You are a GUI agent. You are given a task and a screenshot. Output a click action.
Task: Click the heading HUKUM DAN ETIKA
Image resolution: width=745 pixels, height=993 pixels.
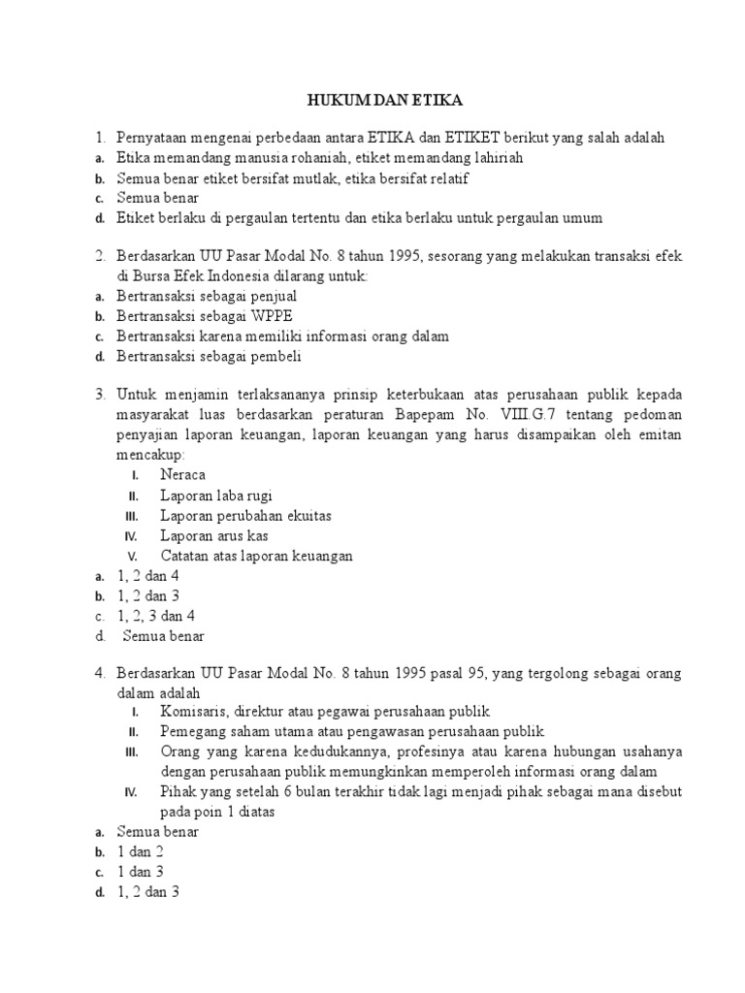tap(372, 100)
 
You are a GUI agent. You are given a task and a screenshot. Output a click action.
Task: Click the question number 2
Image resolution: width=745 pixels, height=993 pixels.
tap(100, 256)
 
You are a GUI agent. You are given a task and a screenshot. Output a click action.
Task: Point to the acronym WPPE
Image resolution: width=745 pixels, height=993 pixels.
tap(273, 316)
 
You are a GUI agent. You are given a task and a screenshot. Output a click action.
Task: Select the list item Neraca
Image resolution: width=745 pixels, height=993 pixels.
tap(183, 475)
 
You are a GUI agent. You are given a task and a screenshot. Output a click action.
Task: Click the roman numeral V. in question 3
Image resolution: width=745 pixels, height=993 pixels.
tap(133, 557)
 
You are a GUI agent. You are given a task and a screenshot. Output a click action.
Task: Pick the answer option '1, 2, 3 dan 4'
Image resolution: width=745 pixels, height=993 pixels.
tap(156, 616)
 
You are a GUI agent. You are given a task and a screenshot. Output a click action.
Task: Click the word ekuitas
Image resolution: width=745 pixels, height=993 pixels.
tap(305, 516)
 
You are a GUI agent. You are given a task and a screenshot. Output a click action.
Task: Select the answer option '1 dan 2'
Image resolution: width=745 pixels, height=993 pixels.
tap(141, 852)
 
